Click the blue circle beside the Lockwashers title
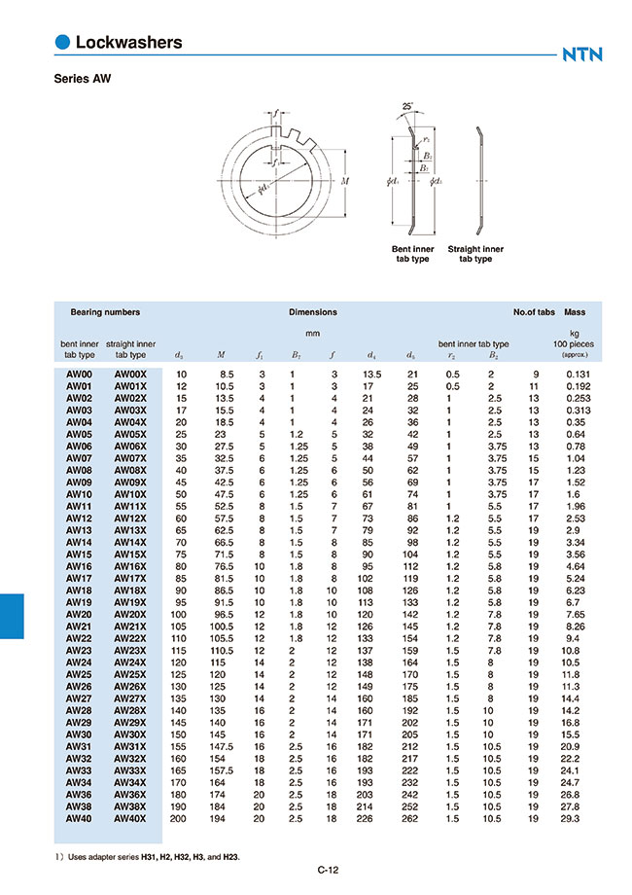point(63,42)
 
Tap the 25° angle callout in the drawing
point(406,105)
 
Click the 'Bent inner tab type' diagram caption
point(412,254)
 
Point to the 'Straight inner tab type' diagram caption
point(475,254)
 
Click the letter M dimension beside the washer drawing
point(346,181)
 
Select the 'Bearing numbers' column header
point(105,312)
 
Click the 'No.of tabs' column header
point(534,312)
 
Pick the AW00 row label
point(79,374)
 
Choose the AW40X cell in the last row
point(130,819)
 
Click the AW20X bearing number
point(130,616)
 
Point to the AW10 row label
point(79,495)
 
